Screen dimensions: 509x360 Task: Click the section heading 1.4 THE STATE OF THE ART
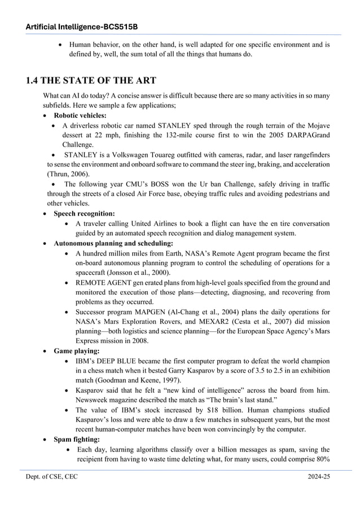click(91, 80)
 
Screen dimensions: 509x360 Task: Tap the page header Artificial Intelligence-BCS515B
click(82, 27)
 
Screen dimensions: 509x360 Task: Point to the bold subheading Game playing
click(76, 350)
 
